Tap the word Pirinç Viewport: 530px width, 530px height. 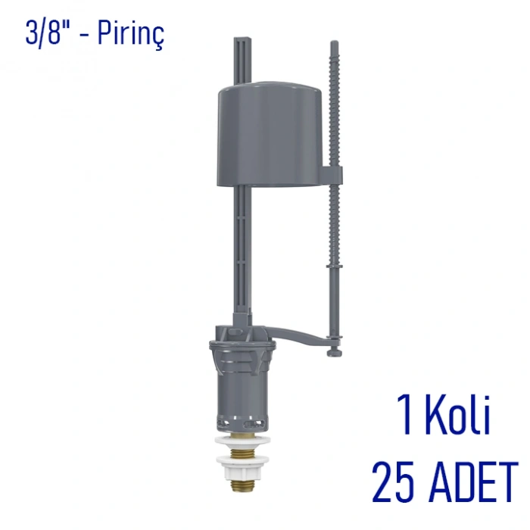coord(131,35)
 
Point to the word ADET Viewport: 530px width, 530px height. coord(475,482)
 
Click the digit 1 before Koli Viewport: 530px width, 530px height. coord(407,414)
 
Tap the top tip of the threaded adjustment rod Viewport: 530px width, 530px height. coord(334,41)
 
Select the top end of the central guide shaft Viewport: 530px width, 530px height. coord(243,38)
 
